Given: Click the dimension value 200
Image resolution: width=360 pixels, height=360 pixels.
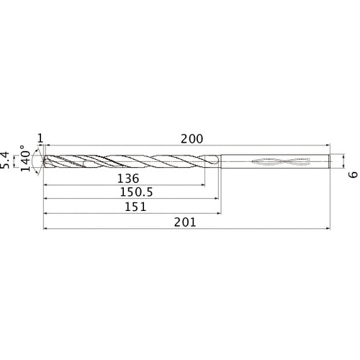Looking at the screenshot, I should (192, 139).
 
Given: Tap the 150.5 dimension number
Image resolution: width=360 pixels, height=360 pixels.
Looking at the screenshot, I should (133, 192).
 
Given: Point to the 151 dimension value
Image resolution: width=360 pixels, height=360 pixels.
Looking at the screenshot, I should (135, 207).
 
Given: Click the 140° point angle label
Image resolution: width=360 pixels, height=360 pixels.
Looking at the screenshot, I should (27, 160).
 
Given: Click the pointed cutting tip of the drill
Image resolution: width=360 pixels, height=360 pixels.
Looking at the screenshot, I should (43, 162).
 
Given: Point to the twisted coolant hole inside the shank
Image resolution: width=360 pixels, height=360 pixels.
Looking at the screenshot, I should (274, 162).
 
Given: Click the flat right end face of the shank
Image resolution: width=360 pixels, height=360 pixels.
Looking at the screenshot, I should (330, 162).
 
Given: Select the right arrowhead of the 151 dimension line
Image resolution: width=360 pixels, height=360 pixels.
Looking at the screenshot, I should (218, 214).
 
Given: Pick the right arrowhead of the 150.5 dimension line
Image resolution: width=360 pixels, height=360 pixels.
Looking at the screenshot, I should (217, 199).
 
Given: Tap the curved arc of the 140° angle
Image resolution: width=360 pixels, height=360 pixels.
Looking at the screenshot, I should (34, 162).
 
